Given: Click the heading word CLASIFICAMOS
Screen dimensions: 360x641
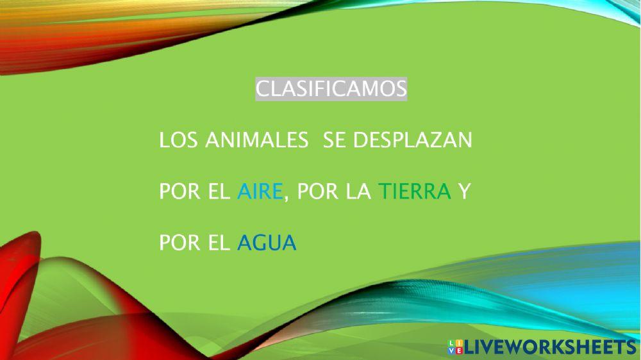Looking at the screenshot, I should (x=331, y=89).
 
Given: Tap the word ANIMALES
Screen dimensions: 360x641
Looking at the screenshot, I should (x=255, y=140).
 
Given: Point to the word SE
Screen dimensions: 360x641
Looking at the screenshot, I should (x=335, y=140).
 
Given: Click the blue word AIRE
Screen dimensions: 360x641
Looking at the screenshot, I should (x=259, y=191).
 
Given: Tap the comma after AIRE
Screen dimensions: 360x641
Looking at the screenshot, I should (x=285, y=196).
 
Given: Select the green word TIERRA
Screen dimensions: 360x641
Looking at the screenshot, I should (x=415, y=191).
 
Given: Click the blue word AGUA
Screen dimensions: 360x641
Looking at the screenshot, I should (x=267, y=243).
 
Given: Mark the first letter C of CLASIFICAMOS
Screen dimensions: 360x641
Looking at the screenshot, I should (x=262, y=89).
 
